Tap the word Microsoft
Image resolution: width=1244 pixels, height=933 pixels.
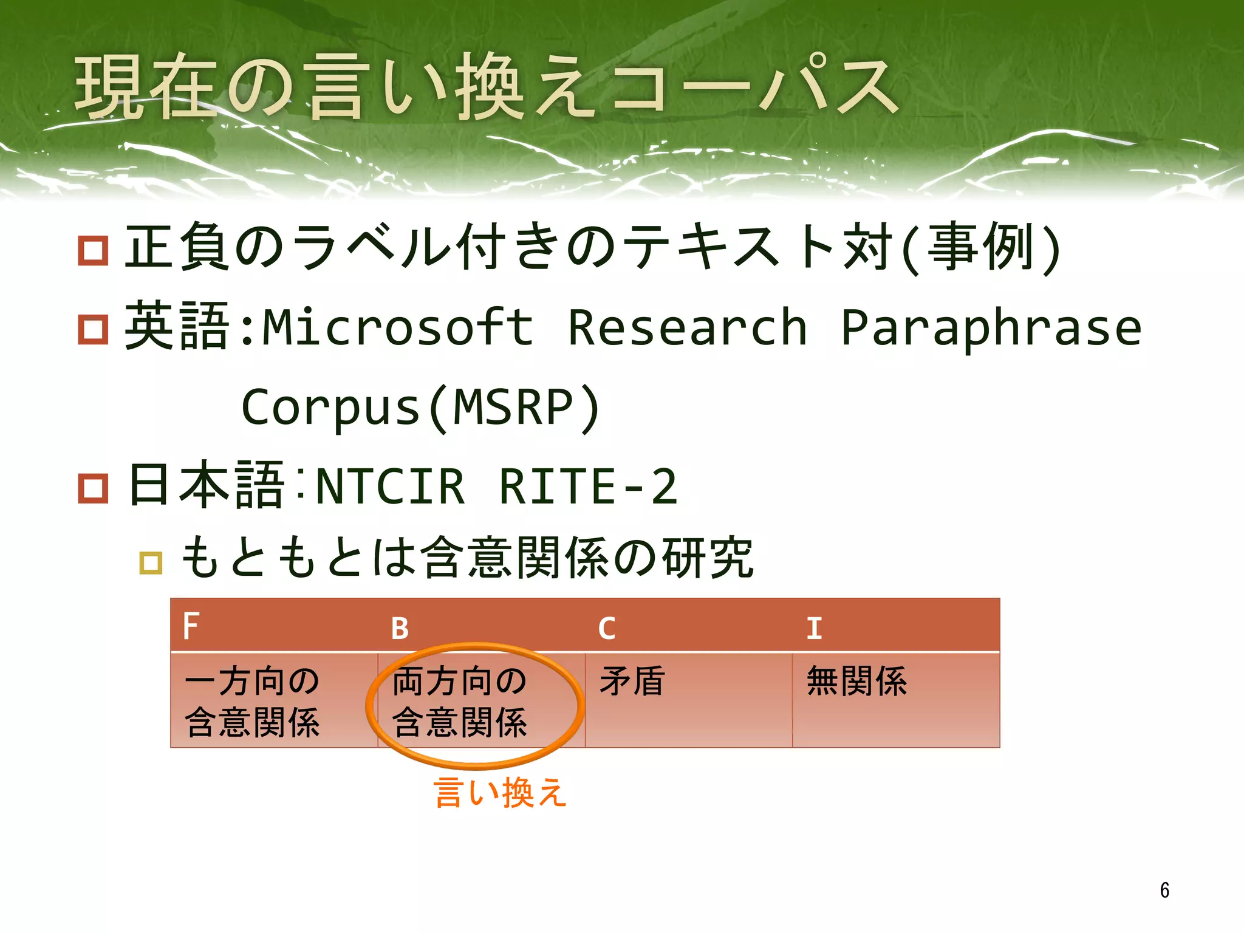coord(398,328)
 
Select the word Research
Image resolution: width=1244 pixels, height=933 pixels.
coord(687,328)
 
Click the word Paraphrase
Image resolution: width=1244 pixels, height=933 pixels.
coord(991,328)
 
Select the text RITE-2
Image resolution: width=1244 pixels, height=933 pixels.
coord(587,487)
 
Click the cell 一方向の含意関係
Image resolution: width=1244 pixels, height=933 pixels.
coord(252,701)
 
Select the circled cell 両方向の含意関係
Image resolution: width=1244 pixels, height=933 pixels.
coord(460,701)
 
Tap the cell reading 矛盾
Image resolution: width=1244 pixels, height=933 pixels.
coord(632,681)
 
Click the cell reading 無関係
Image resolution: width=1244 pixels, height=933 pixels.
coord(857,681)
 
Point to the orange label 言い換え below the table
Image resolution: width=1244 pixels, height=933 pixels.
coord(501,793)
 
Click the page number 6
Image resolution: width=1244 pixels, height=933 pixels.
coord(1164,890)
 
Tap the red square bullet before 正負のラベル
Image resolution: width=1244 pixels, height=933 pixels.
coord(93,250)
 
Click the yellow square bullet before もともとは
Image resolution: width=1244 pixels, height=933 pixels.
coord(151,563)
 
